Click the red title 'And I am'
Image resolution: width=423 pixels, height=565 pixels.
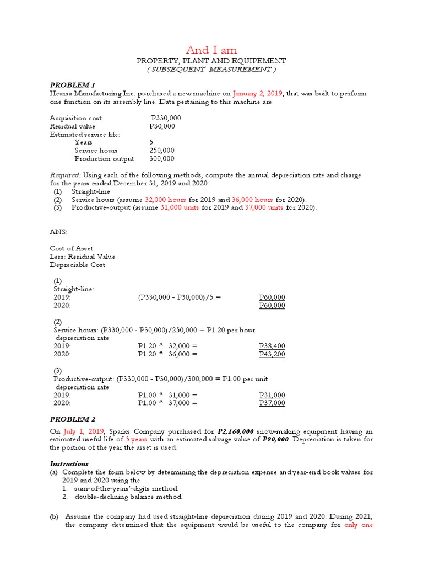point(211,50)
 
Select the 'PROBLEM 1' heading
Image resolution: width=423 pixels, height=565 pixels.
point(73,85)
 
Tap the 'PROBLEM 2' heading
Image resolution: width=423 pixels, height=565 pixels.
point(73,419)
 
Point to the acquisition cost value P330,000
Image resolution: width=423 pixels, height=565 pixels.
point(166,118)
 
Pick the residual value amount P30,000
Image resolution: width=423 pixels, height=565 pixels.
point(162,126)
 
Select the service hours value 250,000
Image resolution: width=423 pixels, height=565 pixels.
point(161,151)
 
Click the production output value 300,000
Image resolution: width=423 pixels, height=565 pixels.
point(161,159)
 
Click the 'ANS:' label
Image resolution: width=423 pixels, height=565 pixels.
point(59,232)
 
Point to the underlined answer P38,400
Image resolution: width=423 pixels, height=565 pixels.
point(272,347)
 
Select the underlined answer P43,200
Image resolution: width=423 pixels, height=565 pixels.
point(272,355)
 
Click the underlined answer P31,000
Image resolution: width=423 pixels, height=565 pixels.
point(272,396)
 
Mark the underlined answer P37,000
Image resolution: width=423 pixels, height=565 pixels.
point(272,403)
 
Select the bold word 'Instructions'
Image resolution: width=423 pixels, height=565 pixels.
point(69,464)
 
